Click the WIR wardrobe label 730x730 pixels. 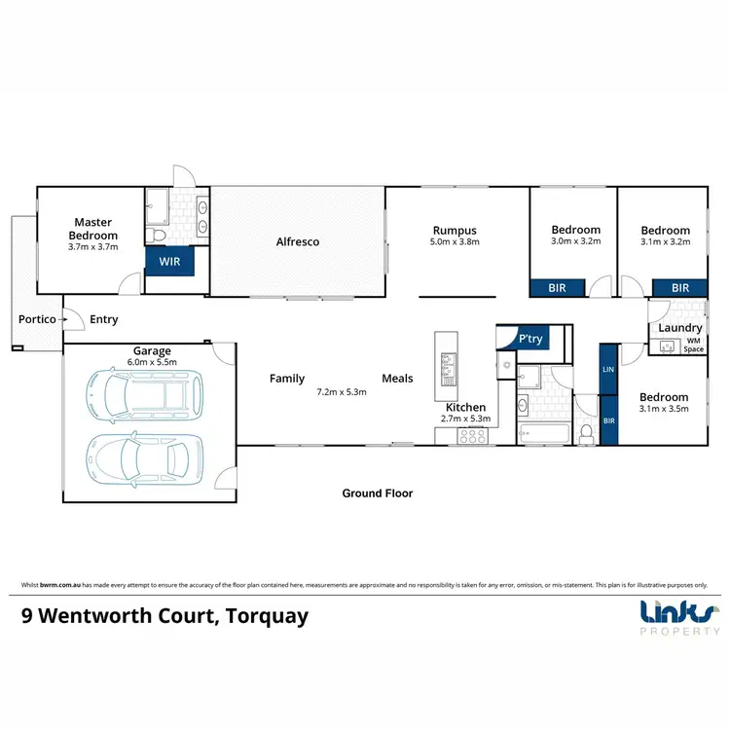coord(169,262)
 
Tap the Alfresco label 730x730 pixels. coord(298,241)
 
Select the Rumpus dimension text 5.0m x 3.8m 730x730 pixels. coord(455,241)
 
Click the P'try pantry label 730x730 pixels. coord(530,339)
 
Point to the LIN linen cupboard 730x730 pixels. coord(608,370)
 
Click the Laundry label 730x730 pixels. coord(679,328)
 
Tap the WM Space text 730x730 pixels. coord(693,345)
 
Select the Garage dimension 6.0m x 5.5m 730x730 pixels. coord(152,362)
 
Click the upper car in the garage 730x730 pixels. coord(145,395)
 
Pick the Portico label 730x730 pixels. coord(37,319)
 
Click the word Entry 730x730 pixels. coord(104,319)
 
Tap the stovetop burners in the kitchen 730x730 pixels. coord(472,436)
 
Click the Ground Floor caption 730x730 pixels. coord(378,493)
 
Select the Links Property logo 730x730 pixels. coord(679,618)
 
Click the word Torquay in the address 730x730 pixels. coord(267,616)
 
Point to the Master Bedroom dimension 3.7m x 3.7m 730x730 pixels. coord(93,247)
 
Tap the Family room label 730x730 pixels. coord(287,379)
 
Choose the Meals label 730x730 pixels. coord(397,379)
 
